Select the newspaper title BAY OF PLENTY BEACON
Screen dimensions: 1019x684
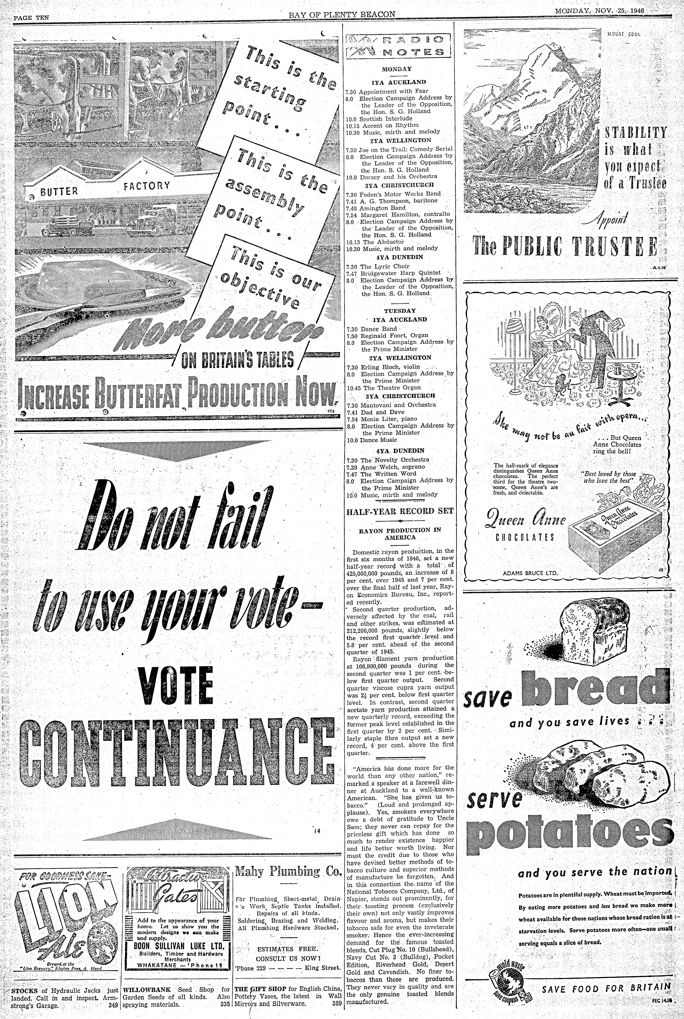click(x=342, y=14)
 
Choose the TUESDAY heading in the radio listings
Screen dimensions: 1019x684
click(x=400, y=311)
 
